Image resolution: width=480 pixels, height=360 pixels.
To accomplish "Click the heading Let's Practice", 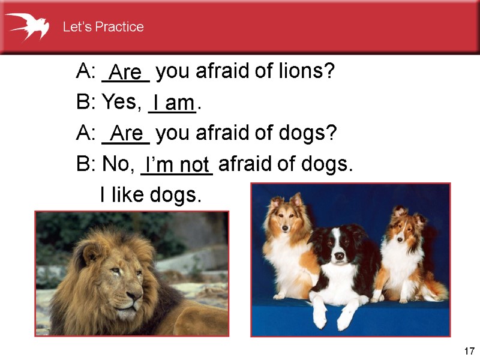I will point(103,27).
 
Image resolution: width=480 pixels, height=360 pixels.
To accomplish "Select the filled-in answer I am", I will point(173,103).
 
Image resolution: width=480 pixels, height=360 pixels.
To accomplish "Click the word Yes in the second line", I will point(119,103).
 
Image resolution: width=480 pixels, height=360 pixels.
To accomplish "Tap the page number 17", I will point(469,350).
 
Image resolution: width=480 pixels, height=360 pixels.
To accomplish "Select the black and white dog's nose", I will point(340,256).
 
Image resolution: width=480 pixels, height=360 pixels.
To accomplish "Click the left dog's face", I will point(286,209).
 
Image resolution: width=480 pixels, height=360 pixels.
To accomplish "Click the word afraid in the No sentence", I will point(245,163).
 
